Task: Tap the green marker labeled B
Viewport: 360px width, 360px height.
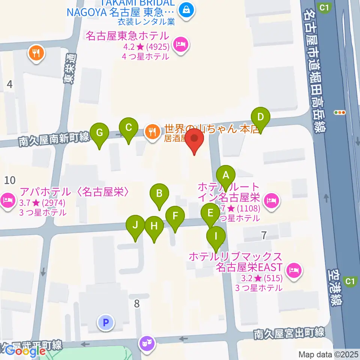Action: (x=159, y=194)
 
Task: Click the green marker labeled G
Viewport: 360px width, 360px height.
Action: (x=99, y=133)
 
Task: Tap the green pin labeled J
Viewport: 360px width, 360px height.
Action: (x=135, y=225)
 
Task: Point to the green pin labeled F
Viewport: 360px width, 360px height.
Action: (x=175, y=216)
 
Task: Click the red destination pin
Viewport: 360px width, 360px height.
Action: (x=195, y=138)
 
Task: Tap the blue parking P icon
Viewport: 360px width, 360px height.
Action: (x=106, y=321)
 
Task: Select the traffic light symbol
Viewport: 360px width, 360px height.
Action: (x=339, y=112)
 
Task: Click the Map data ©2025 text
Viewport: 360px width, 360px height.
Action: (x=328, y=354)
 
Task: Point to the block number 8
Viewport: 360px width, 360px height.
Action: (x=137, y=303)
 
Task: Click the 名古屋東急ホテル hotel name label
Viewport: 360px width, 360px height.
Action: (x=127, y=36)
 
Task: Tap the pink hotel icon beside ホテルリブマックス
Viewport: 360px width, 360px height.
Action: (x=294, y=269)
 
